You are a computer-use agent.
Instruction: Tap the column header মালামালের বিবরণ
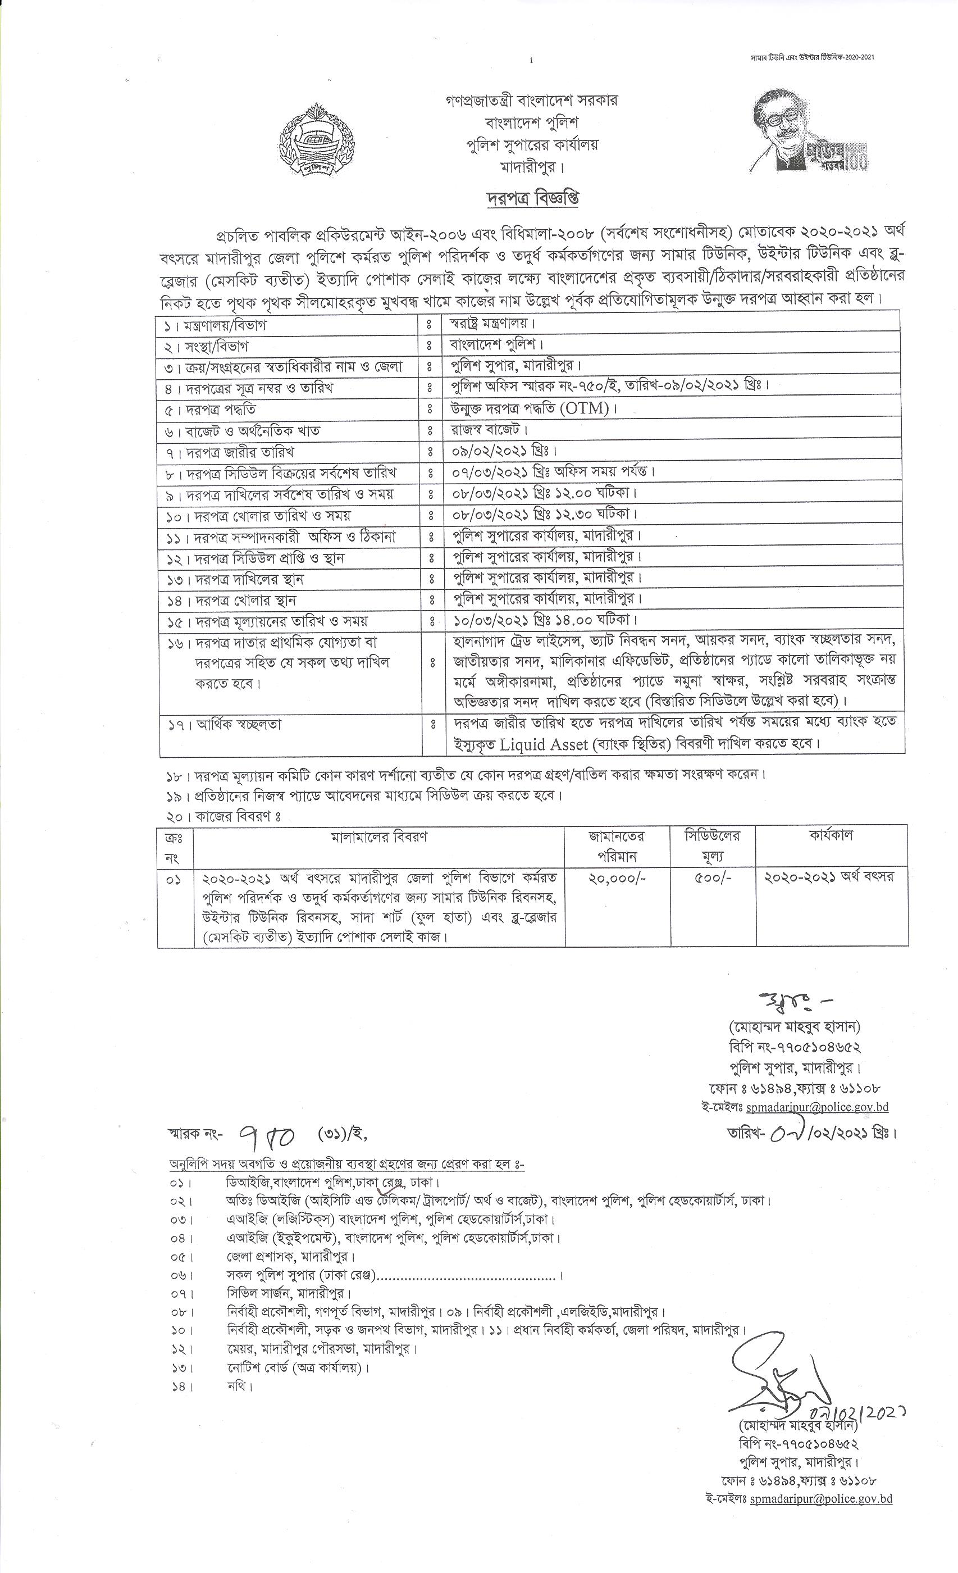[379, 837]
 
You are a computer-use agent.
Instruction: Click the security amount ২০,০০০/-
[617, 879]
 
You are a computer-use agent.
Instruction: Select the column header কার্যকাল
[831, 836]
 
